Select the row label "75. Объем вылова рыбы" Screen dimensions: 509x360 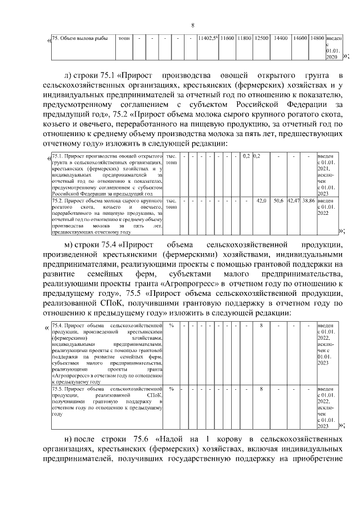[76, 38]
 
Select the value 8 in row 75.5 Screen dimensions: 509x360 [262, 389]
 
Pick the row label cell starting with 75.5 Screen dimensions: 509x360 [107, 401]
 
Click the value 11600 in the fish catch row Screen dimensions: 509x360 [227, 38]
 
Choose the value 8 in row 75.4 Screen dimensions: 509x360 [262, 326]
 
